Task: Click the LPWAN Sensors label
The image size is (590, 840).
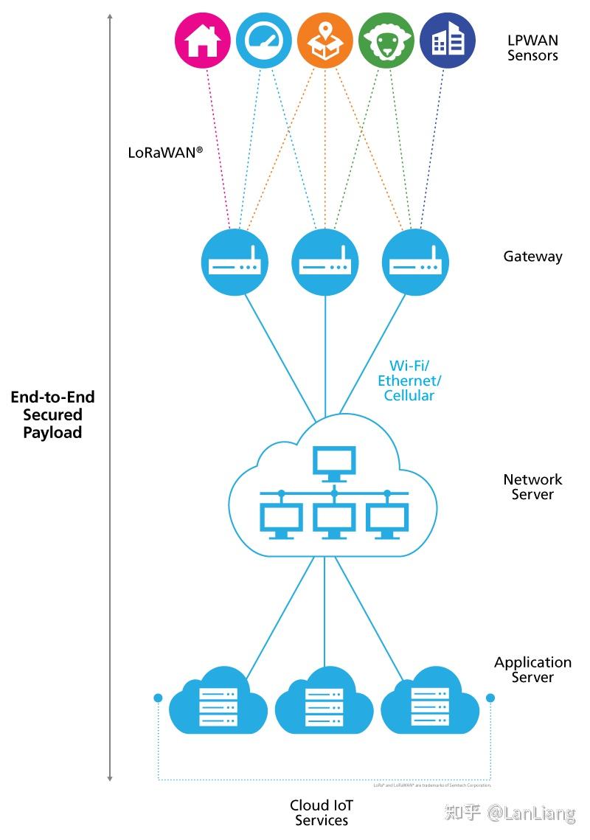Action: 532,48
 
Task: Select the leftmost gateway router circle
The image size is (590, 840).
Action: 235,263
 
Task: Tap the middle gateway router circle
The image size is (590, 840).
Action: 325,263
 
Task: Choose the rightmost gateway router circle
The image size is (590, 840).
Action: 415,263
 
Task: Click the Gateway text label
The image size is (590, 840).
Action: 532,257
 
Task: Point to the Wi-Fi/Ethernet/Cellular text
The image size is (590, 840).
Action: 409,381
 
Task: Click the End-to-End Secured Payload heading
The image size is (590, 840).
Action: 52,414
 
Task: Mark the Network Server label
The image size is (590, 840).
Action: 532,487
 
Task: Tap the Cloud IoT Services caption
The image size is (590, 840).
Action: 322,813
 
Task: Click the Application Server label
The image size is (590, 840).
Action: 532,670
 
